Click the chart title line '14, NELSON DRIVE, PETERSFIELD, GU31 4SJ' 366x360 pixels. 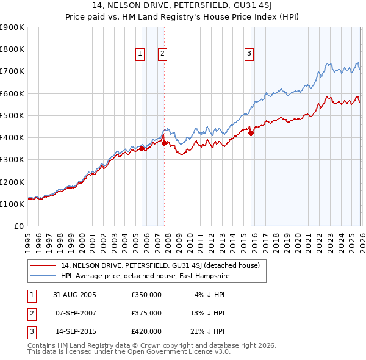(x=183, y=7)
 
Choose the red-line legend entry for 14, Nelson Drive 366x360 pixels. (x=160, y=265)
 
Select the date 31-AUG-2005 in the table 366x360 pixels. (x=74, y=295)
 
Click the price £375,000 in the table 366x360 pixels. (x=146, y=313)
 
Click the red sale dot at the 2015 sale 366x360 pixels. (x=251, y=134)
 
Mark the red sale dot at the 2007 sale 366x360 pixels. (x=165, y=143)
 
